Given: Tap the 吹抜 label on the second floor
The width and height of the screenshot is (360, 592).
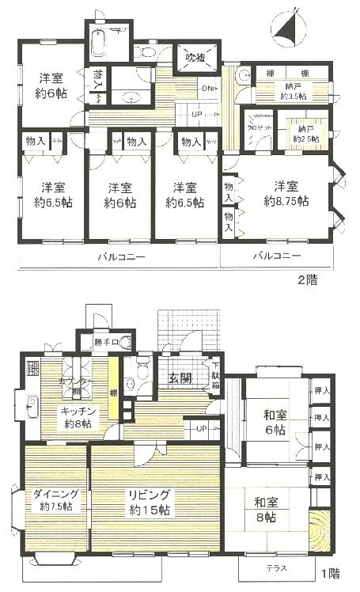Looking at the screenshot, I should tap(195, 58).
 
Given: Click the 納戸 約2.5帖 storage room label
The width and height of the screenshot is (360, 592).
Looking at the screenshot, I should tap(307, 133).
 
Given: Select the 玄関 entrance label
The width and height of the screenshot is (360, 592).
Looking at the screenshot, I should tap(180, 378).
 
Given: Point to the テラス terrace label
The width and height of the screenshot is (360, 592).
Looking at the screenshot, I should tap(271, 571).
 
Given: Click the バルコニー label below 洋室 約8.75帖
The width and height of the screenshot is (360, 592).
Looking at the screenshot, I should tap(276, 256).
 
